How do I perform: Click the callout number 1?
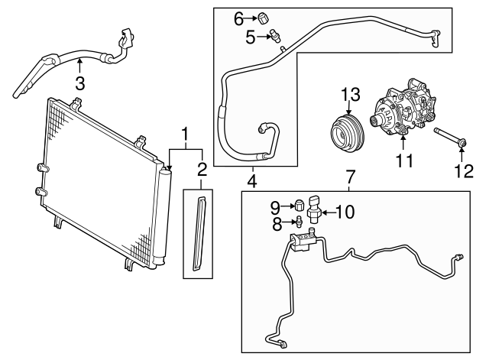184,135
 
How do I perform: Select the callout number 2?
202,168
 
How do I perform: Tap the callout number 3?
79,82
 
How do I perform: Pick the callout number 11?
403,161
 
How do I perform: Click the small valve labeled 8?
300,222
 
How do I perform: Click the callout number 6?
238,17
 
